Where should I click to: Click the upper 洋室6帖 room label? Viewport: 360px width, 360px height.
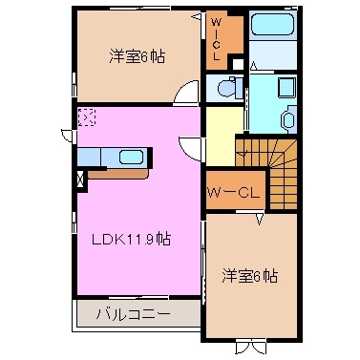(136, 56)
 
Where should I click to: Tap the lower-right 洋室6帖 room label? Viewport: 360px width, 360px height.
(250, 276)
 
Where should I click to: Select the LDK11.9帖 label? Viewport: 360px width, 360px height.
(132, 240)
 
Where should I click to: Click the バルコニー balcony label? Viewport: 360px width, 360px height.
(135, 313)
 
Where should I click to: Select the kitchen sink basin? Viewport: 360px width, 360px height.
(130, 157)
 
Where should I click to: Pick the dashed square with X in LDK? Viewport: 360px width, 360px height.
(87, 117)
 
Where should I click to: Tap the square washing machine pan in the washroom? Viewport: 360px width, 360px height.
(285, 87)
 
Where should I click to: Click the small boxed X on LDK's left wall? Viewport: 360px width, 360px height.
(80, 177)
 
